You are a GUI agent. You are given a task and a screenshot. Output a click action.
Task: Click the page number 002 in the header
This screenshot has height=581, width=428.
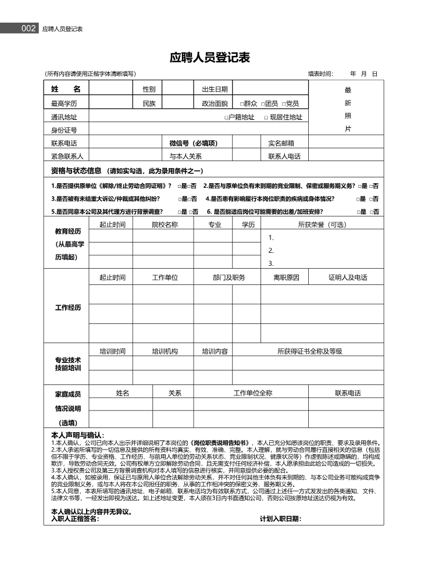[x=28, y=28]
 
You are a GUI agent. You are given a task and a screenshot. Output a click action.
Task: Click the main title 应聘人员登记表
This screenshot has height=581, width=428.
[x=210, y=57]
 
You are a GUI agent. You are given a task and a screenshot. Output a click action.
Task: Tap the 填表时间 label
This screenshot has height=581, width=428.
[x=320, y=74]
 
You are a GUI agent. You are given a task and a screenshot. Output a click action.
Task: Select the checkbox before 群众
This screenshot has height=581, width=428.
[x=242, y=104]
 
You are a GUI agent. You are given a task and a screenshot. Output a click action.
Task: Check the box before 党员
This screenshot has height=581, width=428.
[x=284, y=104]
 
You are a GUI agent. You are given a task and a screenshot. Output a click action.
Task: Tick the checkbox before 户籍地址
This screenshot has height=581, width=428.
[x=226, y=117]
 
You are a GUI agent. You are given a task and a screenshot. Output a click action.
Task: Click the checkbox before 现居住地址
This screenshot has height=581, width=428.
[x=265, y=117]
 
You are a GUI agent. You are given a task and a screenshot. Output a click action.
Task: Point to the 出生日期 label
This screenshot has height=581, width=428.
[x=215, y=89]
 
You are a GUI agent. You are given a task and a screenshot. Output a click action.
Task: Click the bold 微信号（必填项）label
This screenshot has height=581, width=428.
[x=193, y=143]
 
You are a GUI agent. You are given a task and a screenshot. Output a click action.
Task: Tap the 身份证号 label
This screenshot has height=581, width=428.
[x=64, y=130]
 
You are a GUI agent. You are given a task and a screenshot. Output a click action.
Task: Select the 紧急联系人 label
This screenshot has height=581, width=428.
[x=67, y=156]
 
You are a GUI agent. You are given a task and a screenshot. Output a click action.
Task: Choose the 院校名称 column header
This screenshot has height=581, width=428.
[x=165, y=224]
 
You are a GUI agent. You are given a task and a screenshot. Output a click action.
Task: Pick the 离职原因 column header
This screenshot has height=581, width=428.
[x=286, y=277]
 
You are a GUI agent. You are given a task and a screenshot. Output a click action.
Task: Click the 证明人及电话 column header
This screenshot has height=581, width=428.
[x=348, y=277]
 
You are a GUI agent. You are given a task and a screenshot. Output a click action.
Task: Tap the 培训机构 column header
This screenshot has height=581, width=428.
[x=165, y=351]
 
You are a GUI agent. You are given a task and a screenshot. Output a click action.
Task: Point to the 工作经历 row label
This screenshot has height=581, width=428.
[x=68, y=307]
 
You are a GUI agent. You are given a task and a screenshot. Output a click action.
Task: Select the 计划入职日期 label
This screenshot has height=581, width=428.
[x=280, y=519]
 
